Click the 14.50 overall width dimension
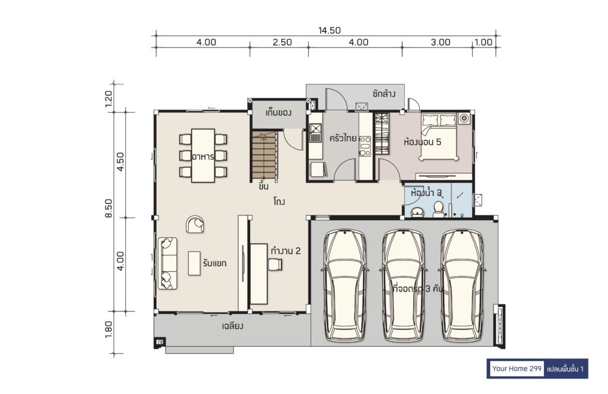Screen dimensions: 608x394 tap(330, 30)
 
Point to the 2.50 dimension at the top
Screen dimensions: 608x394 tap(282, 42)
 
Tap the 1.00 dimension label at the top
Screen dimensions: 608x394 tap(483, 42)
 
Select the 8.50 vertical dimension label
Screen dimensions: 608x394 tap(109, 208)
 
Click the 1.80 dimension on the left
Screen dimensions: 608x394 tap(109, 330)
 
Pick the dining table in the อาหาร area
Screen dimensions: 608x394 tap(203, 155)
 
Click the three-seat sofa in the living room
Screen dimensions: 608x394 tap(167, 263)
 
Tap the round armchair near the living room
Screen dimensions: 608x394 tap(195, 224)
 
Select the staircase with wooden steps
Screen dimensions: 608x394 tap(264, 155)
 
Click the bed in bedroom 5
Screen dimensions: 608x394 tap(439, 136)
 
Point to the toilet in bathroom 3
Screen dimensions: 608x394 tap(439, 209)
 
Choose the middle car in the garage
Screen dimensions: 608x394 tap(403, 286)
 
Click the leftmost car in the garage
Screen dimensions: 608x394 tap(345, 286)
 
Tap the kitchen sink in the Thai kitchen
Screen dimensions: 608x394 tap(316, 132)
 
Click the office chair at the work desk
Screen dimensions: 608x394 tap(275, 264)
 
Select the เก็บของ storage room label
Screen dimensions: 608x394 tap(278, 113)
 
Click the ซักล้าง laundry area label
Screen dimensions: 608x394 tap(384, 93)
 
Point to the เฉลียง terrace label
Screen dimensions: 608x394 tap(233, 326)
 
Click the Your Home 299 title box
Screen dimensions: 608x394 tap(517, 368)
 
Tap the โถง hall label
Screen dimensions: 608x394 tap(279, 202)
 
